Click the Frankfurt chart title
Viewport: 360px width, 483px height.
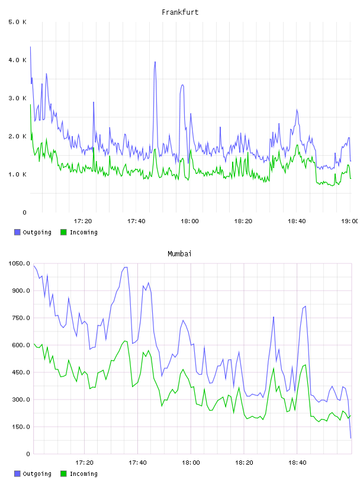click(x=180, y=12)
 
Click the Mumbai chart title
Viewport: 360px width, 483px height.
click(x=179, y=254)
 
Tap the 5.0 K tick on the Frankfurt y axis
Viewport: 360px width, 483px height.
click(x=18, y=22)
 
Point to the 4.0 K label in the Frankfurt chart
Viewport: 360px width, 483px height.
click(x=18, y=60)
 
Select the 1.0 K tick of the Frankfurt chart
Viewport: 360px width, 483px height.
click(x=18, y=175)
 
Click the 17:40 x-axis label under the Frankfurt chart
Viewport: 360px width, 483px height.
click(x=136, y=221)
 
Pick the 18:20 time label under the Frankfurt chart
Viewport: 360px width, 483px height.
click(x=243, y=221)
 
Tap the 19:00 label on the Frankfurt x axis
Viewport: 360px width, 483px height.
click(x=350, y=221)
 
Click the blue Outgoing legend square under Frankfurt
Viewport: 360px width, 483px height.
click(x=17, y=232)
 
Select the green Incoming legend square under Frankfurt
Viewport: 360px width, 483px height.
click(x=63, y=232)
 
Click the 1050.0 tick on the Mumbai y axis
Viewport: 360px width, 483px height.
click(x=20, y=263)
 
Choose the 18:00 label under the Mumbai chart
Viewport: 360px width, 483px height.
click(x=191, y=463)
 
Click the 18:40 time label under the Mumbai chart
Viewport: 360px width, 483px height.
click(x=297, y=463)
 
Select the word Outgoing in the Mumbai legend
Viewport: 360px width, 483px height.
click(x=37, y=474)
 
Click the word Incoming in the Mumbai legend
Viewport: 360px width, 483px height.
click(x=83, y=474)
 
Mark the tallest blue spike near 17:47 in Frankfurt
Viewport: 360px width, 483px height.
click(x=155, y=62)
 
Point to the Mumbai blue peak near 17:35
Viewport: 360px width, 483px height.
click(x=126, y=268)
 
